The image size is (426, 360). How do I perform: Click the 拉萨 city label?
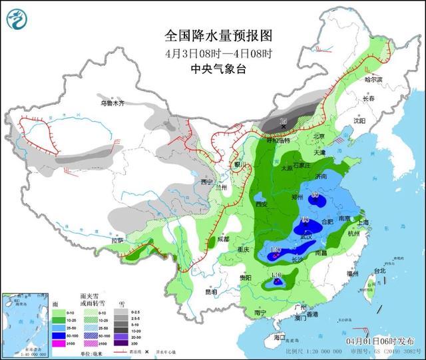click(117, 240)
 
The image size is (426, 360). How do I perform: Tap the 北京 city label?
click(319, 136)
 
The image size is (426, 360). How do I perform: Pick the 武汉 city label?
click(306, 237)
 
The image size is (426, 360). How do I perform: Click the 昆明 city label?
click(210, 291)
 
